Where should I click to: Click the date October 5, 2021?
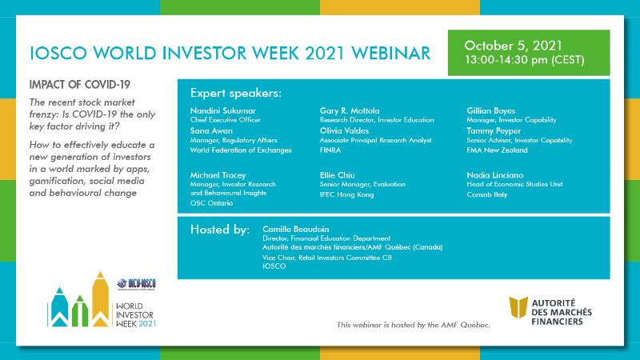[x=513, y=46]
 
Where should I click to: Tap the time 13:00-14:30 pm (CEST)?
[x=525, y=60]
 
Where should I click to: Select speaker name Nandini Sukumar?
[x=223, y=110]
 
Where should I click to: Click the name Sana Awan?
[x=211, y=130]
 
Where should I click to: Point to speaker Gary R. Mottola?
[x=350, y=110]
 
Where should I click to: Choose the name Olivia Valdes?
[x=345, y=130]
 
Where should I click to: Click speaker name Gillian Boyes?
[x=491, y=110]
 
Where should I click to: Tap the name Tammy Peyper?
[x=494, y=131]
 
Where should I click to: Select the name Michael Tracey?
[x=218, y=175]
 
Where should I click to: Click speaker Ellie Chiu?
[x=337, y=175]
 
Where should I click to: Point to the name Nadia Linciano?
[x=495, y=175]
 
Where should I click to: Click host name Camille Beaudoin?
[x=295, y=229]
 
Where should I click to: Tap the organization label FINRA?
[x=330, y=150]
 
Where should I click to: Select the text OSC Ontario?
[x=211, y=203]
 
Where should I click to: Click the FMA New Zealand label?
[x=497, y=150]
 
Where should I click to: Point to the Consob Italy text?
[x=487, y=194]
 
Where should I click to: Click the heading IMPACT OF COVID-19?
[x=79, y=85]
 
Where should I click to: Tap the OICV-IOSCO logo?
[x=136, y=284]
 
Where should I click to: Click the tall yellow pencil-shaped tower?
[x=100, y=299]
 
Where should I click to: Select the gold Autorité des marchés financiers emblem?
[x=518, y=307]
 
